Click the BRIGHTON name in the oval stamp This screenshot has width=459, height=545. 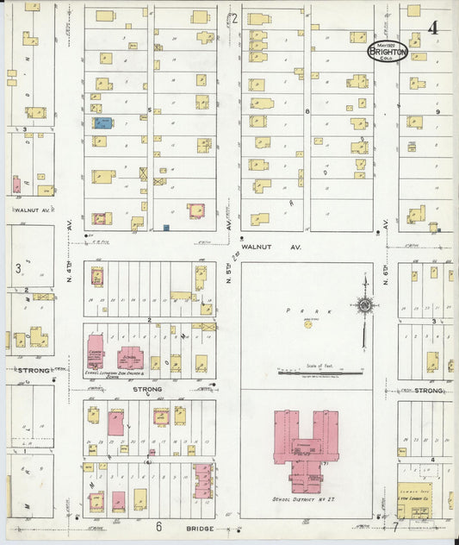tap(387, 52)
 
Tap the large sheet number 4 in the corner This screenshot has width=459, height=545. tap(431, 28)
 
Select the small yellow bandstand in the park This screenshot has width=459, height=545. tap(307, 323)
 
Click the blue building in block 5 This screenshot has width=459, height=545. tap(102, 123)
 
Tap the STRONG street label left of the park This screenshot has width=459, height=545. tap(147, 389)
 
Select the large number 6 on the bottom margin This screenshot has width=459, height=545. tap(158, 525)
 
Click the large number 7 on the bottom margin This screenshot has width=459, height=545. tap(396, 525)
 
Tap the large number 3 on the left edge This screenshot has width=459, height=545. tap(17, 268)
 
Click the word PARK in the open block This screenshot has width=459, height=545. tap(306, 305)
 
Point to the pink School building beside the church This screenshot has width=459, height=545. tap(130, 355)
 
